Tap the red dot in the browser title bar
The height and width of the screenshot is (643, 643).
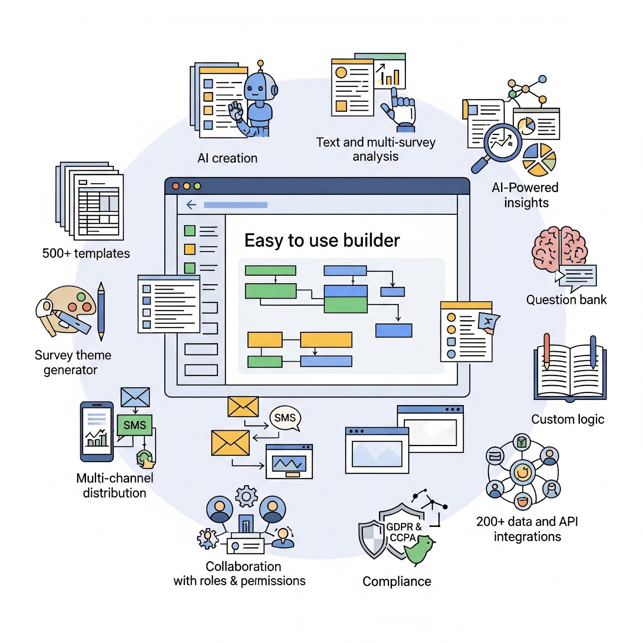coord(176,186)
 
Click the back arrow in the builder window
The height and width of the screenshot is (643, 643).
coord(191,205)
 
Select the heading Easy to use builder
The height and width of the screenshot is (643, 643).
coord(322,240)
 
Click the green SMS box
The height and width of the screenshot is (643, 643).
coord(135,425)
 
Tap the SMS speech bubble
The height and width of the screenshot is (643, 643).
coord(285,418)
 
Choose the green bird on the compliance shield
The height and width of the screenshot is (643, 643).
coord(420,549)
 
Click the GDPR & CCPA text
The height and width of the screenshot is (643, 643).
coord(403,532)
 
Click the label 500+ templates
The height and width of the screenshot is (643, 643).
coord(86,253)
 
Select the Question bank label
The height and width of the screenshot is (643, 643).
coord(566,300)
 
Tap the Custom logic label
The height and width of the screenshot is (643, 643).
coord(567,419)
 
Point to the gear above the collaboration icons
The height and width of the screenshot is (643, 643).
coord(246,497)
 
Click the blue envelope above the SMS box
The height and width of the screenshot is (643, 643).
coord(135,397)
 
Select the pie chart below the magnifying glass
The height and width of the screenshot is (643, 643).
coord(539,160)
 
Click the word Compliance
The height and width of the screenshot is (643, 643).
coord(397,581)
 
